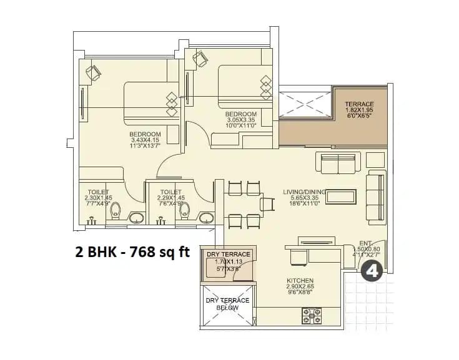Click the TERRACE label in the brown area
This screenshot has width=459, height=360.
359,104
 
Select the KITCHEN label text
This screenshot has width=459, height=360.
300,281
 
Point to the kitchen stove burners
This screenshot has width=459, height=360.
311,315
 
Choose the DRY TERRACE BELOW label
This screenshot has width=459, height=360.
227,304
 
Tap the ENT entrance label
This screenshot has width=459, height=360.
365,243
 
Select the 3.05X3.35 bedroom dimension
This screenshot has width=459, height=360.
240,120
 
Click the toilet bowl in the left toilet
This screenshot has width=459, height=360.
114,212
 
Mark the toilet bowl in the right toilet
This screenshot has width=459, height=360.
184,212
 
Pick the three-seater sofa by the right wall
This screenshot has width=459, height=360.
377,197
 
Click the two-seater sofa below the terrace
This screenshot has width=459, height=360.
337,163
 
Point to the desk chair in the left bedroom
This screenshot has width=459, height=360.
93,73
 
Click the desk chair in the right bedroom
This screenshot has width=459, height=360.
200,59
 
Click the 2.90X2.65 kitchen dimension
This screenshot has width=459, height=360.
300,288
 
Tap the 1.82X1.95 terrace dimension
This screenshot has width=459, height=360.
359,110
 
